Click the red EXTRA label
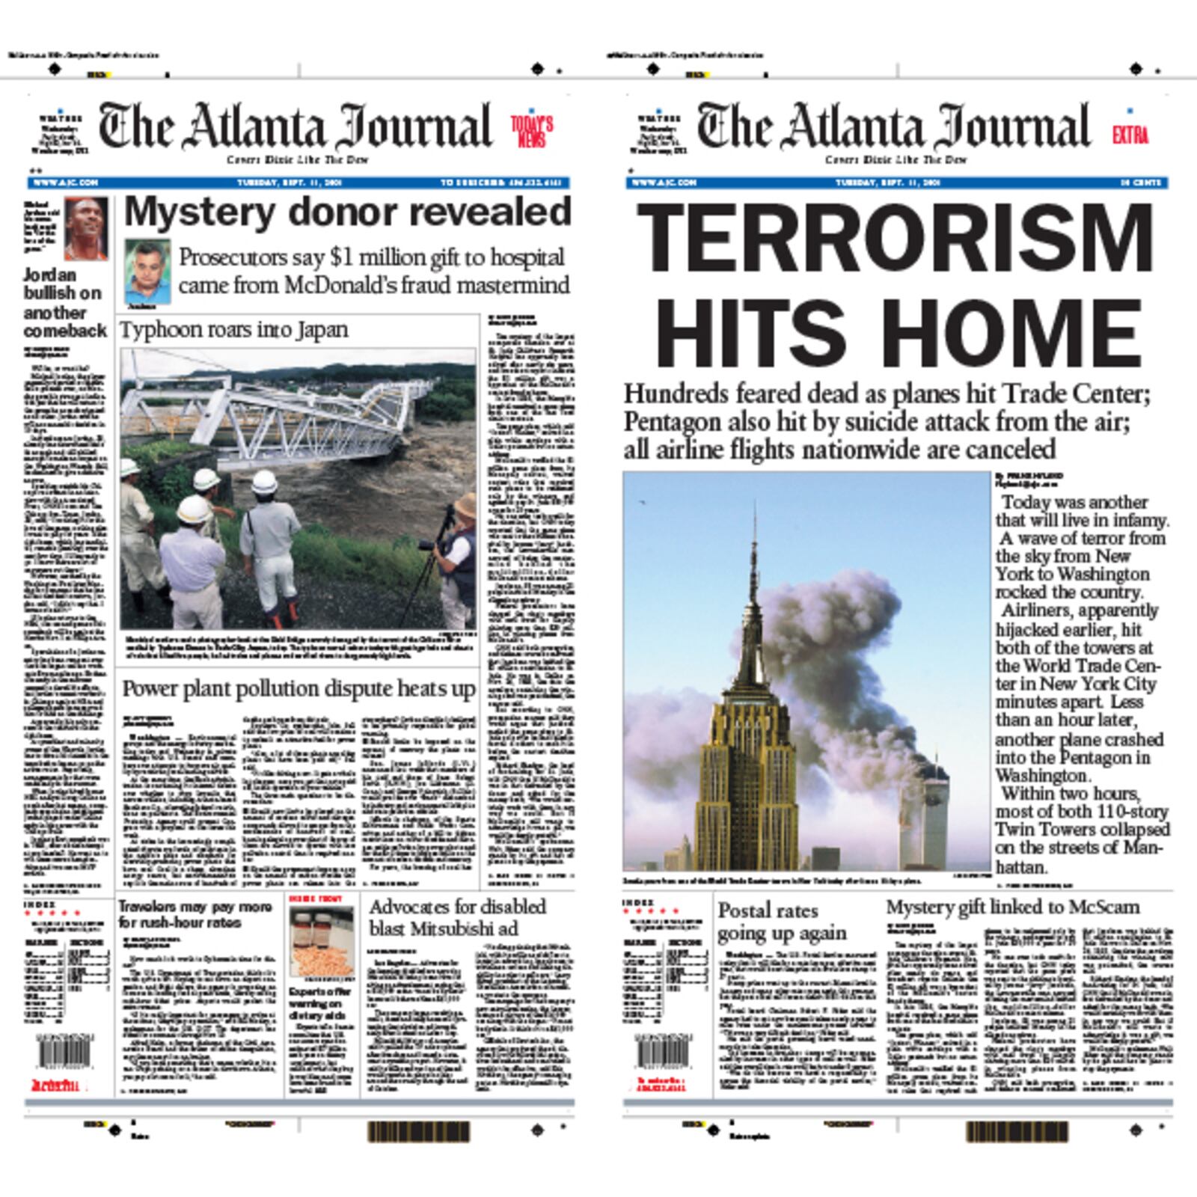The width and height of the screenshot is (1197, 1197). coord(1130,135)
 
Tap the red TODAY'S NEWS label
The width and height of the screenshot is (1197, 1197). coord(532,132)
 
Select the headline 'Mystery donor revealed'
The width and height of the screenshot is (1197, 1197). coord(347,212)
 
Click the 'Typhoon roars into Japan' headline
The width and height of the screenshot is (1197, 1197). coord(234,330)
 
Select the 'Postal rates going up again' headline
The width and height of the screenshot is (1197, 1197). coord(782,922)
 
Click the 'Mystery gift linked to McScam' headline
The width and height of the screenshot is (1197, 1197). coord(1013,907)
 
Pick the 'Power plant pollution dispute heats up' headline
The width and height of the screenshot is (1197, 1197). coord(299,689)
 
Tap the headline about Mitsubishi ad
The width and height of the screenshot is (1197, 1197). coord(457,917)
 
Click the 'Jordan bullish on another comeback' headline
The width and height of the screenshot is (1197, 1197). coord(65,302)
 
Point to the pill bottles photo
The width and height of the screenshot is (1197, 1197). coord(322,943)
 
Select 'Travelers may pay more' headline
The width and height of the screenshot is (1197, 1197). coord(195,914)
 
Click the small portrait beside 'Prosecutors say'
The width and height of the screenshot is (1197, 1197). coord(147,272)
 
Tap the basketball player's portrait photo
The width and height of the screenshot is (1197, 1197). coord(85,227)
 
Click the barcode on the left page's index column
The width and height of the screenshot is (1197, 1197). coord(65,1053)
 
